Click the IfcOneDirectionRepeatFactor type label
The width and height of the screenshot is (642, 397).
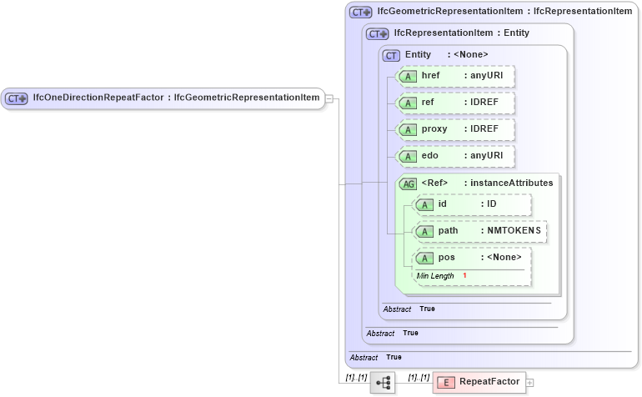click(175, 98)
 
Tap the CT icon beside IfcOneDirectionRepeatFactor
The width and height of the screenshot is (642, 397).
click(17, 98)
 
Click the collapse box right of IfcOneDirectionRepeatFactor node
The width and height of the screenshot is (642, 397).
click(329, 98)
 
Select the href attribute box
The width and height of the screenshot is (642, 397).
click(455, 77)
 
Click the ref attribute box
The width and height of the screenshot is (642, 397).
click(455, 103)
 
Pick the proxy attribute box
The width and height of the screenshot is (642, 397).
click(455, 130)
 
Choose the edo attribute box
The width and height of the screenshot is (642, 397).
click(455, 156)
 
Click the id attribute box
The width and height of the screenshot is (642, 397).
click(472, 204)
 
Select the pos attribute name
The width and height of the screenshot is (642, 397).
click(447, 258)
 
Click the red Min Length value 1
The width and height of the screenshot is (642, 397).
click(464, 275)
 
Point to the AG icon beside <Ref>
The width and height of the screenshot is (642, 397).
click(409, 183)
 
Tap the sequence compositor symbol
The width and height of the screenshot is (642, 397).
click(384, 383)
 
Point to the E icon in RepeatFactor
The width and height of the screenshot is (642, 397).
click(446, 383)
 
